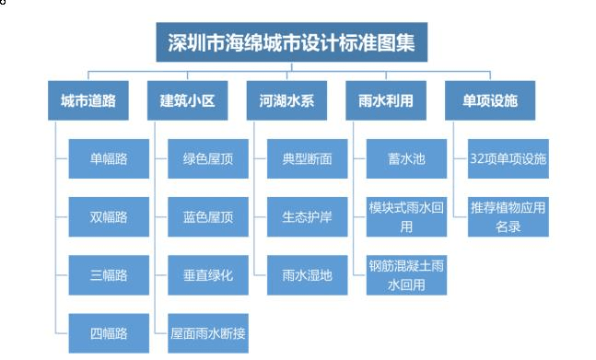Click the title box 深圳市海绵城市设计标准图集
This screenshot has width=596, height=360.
[292, 43]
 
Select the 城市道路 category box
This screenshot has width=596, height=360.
[82, 101]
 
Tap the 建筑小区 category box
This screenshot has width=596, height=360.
[181, 101]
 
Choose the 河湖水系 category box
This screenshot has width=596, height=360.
[281, 101]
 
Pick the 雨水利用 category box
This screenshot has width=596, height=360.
[385, 101]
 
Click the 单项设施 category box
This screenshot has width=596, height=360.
[484, 101]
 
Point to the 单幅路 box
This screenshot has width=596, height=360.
[108, 159]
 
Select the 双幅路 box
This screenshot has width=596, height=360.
[108, 217]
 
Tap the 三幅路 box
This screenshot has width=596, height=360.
[108, 274]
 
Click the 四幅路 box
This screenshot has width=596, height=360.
[108, 332]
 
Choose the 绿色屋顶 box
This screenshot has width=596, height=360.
[208, 159]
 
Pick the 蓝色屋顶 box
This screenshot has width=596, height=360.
[208, 217]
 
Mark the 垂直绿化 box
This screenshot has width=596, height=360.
[208, 274]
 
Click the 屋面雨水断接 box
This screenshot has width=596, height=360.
[208, 332]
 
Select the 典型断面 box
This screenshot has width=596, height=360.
[308, 159]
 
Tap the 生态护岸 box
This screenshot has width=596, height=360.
[308, 217]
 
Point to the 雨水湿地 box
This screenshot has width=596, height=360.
[308, 274]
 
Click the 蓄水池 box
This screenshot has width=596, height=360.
[406, 159]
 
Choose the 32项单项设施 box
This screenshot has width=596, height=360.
[508, 159]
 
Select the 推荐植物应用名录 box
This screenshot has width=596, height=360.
[508, 216]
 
